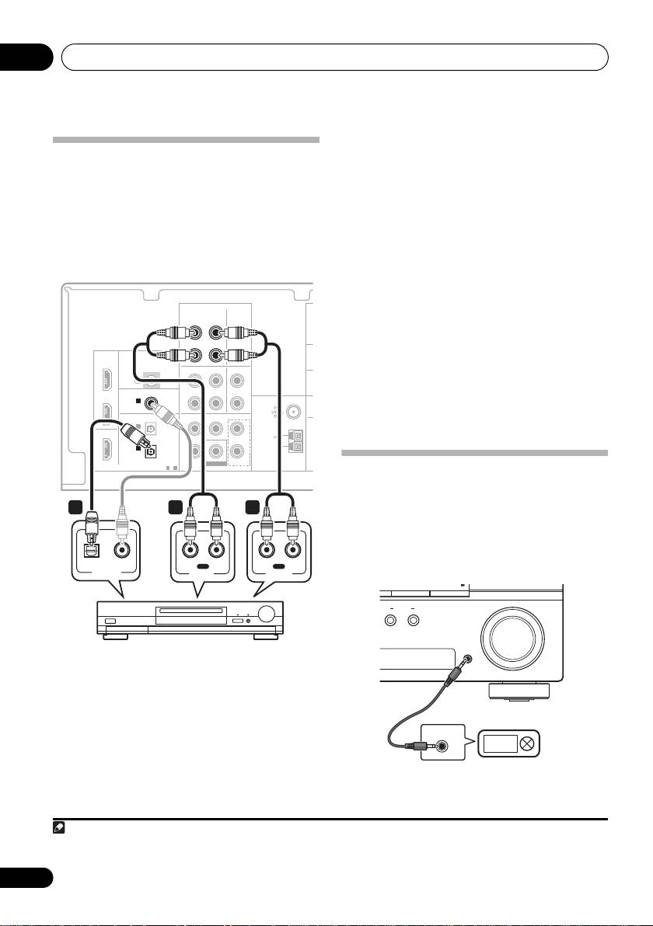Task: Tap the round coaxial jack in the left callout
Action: pos(123,550)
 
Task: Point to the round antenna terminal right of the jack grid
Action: pos(295,413)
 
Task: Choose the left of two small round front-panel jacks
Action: pos(391,621)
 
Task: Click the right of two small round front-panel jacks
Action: pos(414,621)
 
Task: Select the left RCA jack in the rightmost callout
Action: pos(266,550)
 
